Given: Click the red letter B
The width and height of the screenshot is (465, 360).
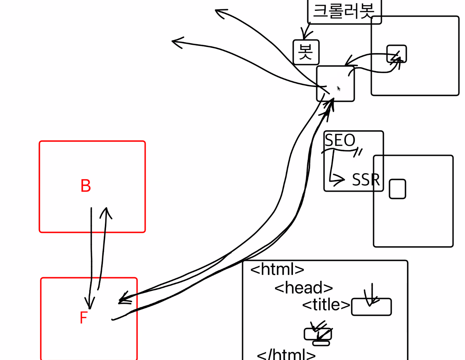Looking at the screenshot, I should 85,186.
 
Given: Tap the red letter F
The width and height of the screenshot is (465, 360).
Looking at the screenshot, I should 84,318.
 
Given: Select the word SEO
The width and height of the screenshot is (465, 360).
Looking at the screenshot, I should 340,140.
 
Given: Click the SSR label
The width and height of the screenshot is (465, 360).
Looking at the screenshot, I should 366,180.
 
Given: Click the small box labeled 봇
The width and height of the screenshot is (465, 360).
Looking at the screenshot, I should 306,52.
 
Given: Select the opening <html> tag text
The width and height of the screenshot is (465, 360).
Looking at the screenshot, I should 277,269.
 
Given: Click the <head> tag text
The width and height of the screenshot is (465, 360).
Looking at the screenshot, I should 303,288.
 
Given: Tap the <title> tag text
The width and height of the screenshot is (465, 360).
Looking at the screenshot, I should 326,305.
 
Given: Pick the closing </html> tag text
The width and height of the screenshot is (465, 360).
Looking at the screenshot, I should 286,354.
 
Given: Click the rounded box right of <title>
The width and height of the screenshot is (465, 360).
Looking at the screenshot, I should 371,307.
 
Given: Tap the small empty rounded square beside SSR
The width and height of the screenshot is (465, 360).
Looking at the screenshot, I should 397,189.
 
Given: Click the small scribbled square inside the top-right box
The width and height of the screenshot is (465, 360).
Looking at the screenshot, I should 396,54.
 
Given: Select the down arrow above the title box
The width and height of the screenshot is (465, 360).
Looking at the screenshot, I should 371,295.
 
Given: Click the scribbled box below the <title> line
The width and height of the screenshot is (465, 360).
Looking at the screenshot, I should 318,335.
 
